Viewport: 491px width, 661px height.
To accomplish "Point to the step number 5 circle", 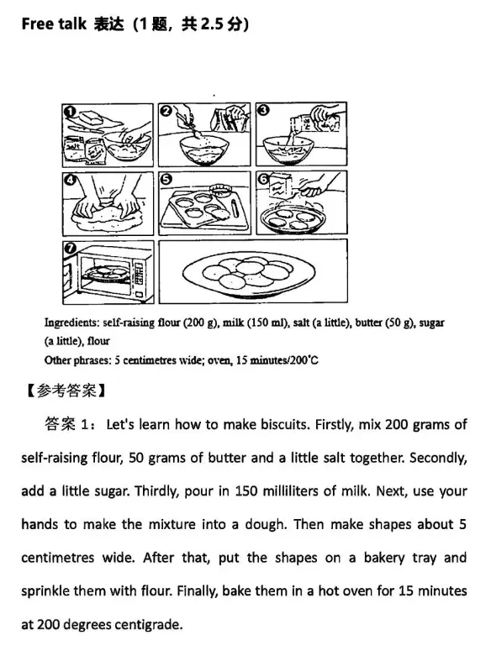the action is (x=166, y=180).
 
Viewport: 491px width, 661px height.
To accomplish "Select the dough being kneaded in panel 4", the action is (x=108, y=218).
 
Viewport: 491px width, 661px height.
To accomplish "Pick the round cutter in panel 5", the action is (x=223, y=187).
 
